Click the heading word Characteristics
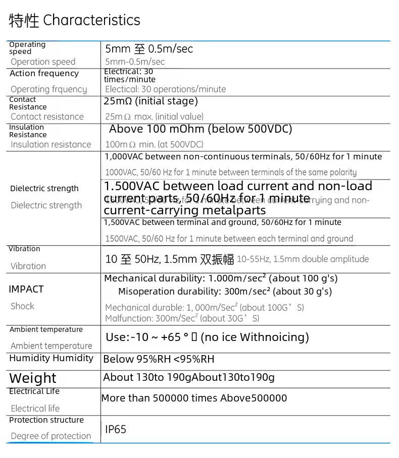point(91,20)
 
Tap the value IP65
point(116,429)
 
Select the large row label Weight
point(33,378)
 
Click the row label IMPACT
point(26,289)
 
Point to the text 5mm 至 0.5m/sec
point(149,49)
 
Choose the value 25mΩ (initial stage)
point(151,101)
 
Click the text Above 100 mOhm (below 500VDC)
point(201,129)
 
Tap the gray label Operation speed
point(43,62)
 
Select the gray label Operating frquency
point(48,89)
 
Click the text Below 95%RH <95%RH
point(159,359)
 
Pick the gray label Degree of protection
point(51,436)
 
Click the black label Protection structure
point(46,420)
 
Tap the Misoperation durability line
point(225,292)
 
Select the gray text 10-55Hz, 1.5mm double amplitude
point(303,259)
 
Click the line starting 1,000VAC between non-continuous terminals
point(243,157)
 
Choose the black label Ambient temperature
point(46,329)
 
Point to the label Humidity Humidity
point(51,358)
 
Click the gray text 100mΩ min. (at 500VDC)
point(154,144)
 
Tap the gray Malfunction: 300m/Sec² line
point(182,318)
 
